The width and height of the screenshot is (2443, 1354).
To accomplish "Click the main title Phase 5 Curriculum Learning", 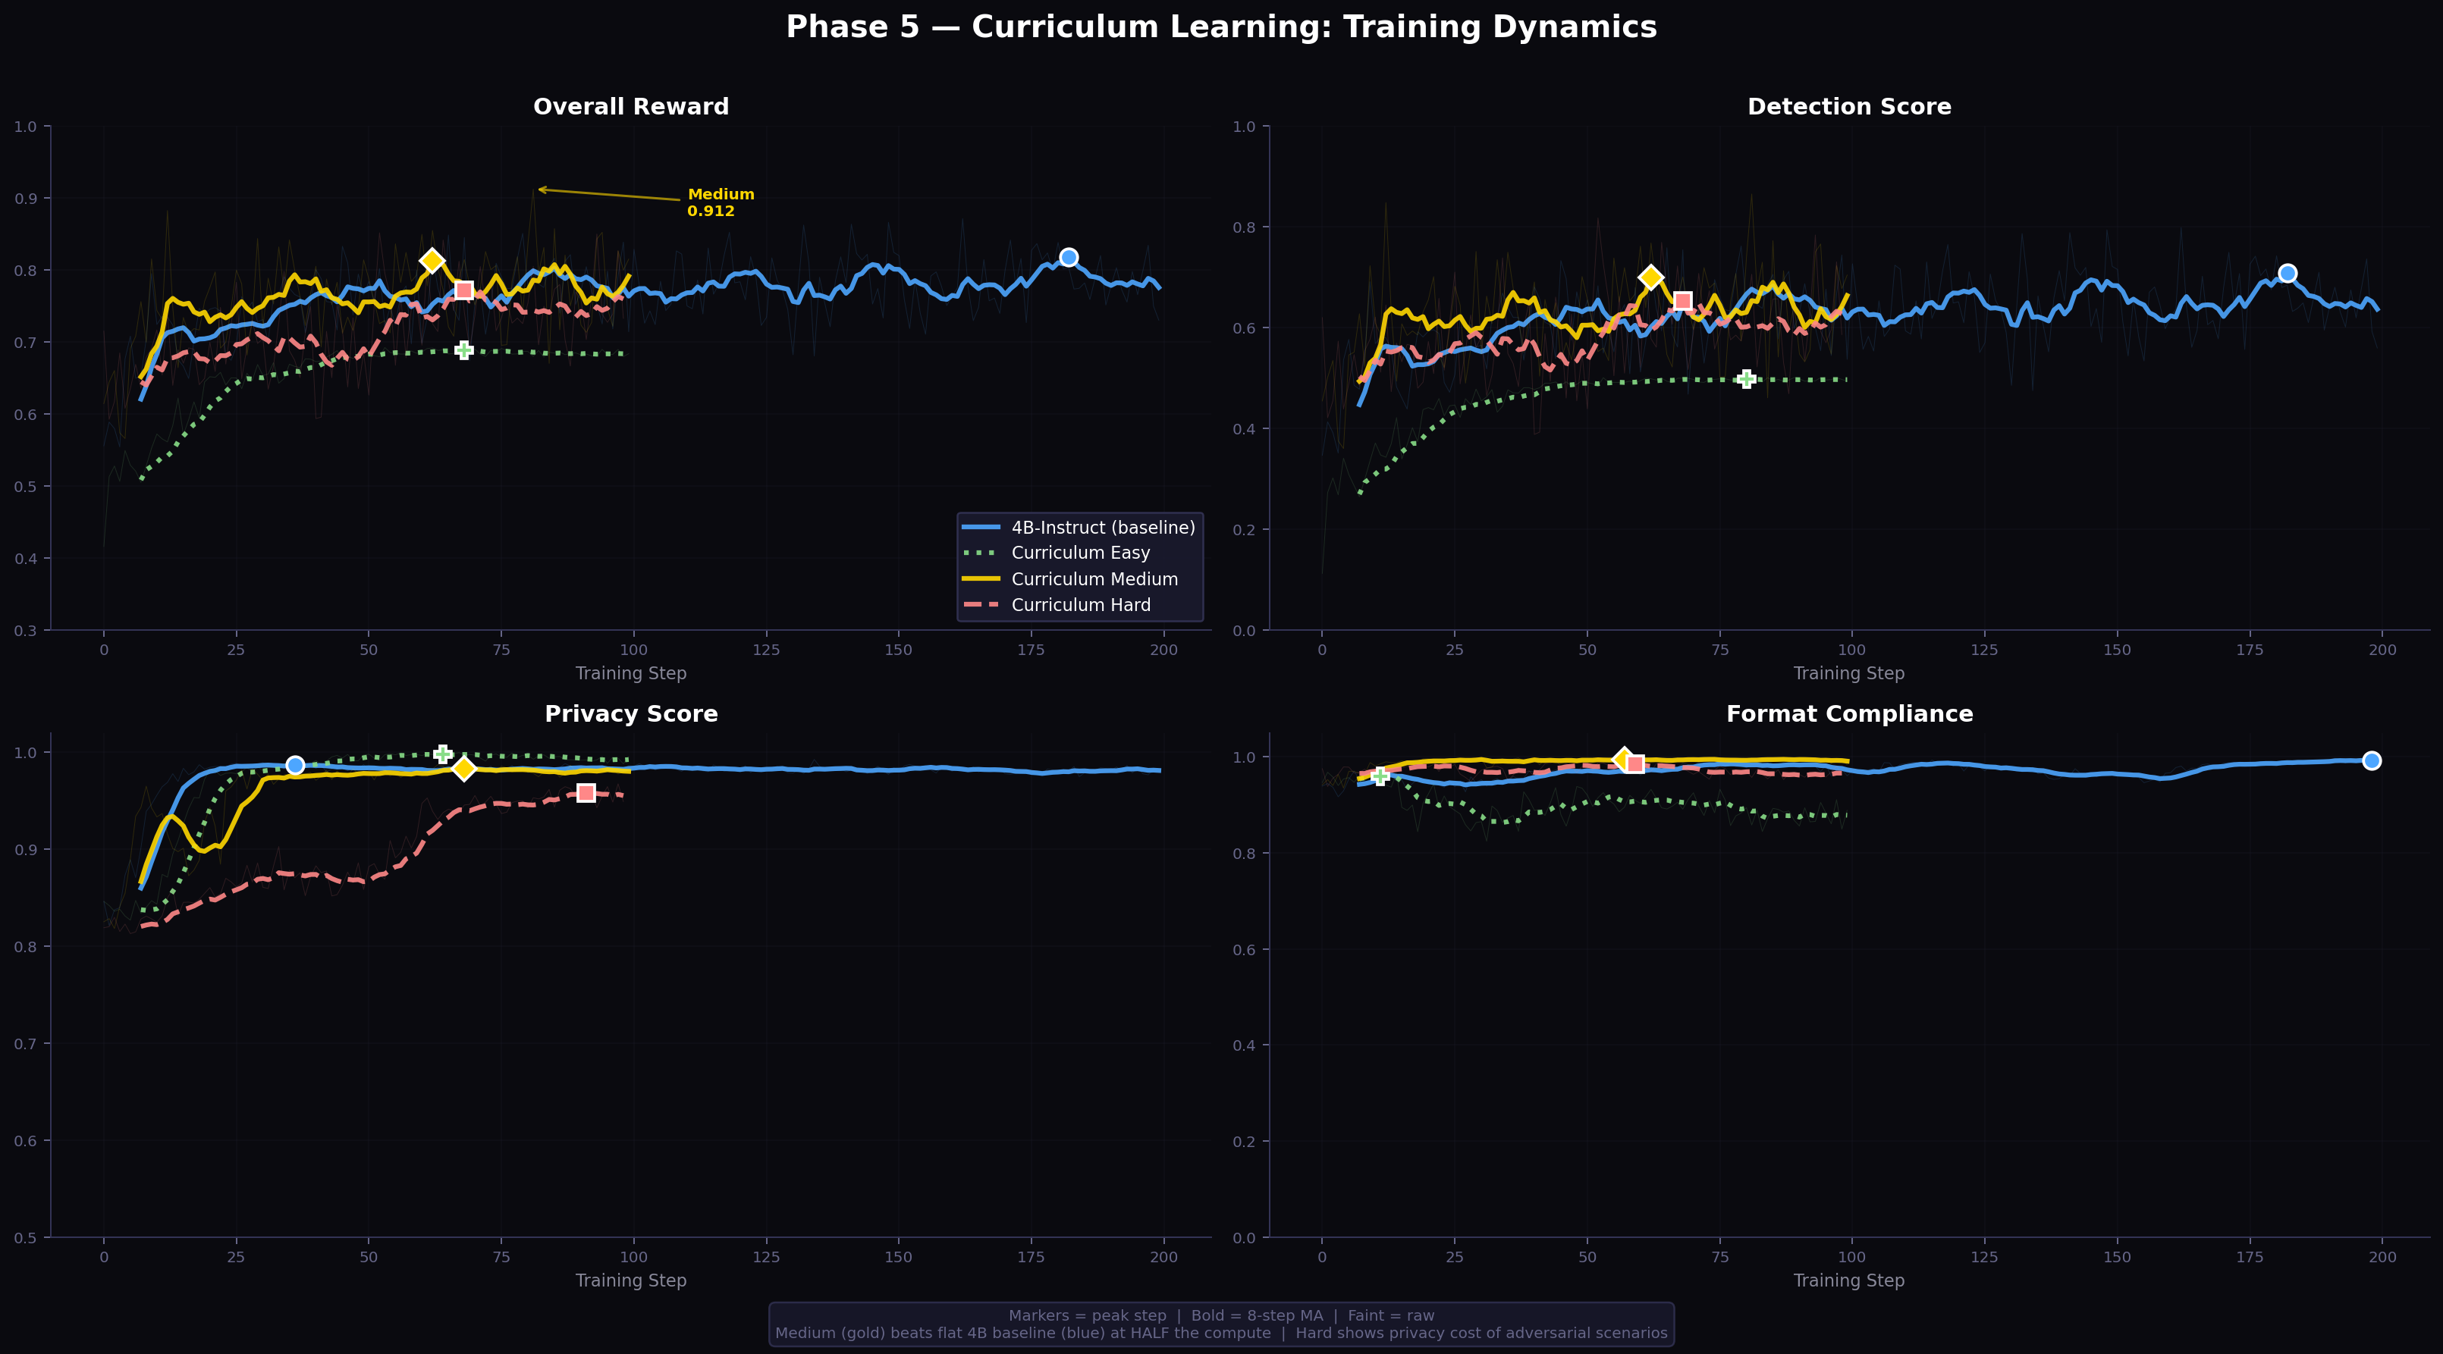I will [1220, 27].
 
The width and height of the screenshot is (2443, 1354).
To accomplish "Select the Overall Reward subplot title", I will [631, 107].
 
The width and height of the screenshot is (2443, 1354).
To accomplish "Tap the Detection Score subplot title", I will [1848, 107].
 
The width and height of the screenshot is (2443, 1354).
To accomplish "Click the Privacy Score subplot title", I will [631, 714].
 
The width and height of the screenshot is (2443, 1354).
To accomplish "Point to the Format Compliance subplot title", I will [1848, 714].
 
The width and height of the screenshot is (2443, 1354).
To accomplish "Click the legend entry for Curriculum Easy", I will [1080, 553].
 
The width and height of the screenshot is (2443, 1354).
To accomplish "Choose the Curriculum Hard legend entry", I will [1080, 605].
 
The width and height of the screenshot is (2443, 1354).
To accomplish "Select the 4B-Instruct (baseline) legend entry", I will [1102, 527].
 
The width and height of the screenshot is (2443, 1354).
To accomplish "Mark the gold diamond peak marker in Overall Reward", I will [432, 261].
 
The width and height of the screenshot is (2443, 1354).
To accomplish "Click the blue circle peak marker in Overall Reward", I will [1068, 257].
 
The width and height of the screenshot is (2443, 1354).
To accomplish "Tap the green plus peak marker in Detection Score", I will [1746, 379].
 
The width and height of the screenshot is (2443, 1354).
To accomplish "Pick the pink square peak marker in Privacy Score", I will [586, 793].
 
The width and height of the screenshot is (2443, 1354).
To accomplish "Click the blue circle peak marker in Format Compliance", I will [2371, 760].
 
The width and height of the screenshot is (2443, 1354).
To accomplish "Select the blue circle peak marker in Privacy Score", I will [295, 765].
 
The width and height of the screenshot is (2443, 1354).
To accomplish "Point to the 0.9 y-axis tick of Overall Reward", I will [26, 198].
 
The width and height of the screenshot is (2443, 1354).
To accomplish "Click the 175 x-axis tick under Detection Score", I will [2250, 650].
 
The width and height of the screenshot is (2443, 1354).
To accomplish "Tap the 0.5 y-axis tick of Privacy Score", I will [26, 1237].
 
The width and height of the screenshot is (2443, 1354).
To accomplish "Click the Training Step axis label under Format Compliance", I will [1848, 1280].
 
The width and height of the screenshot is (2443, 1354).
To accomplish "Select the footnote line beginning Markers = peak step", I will [1220, 1315].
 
